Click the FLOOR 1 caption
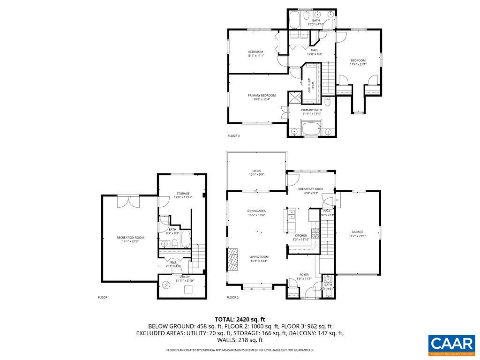[104, 297]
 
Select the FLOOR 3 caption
[233, 136]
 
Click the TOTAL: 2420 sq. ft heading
[240, 319]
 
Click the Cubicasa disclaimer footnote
[240, 350]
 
